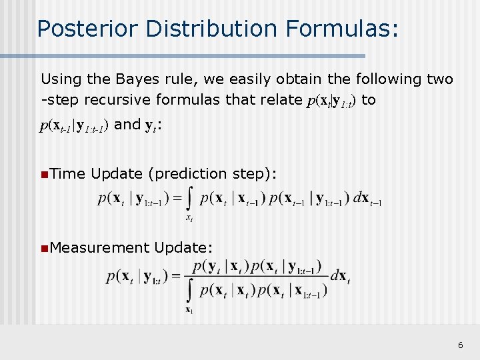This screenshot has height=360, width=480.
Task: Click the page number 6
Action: coord(460,345)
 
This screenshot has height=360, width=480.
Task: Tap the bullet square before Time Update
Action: coord(43,174)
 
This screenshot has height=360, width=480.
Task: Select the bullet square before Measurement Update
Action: coord(43,248)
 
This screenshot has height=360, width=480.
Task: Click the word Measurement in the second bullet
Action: coord(99,248)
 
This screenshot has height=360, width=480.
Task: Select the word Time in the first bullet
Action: coord(67,174)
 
